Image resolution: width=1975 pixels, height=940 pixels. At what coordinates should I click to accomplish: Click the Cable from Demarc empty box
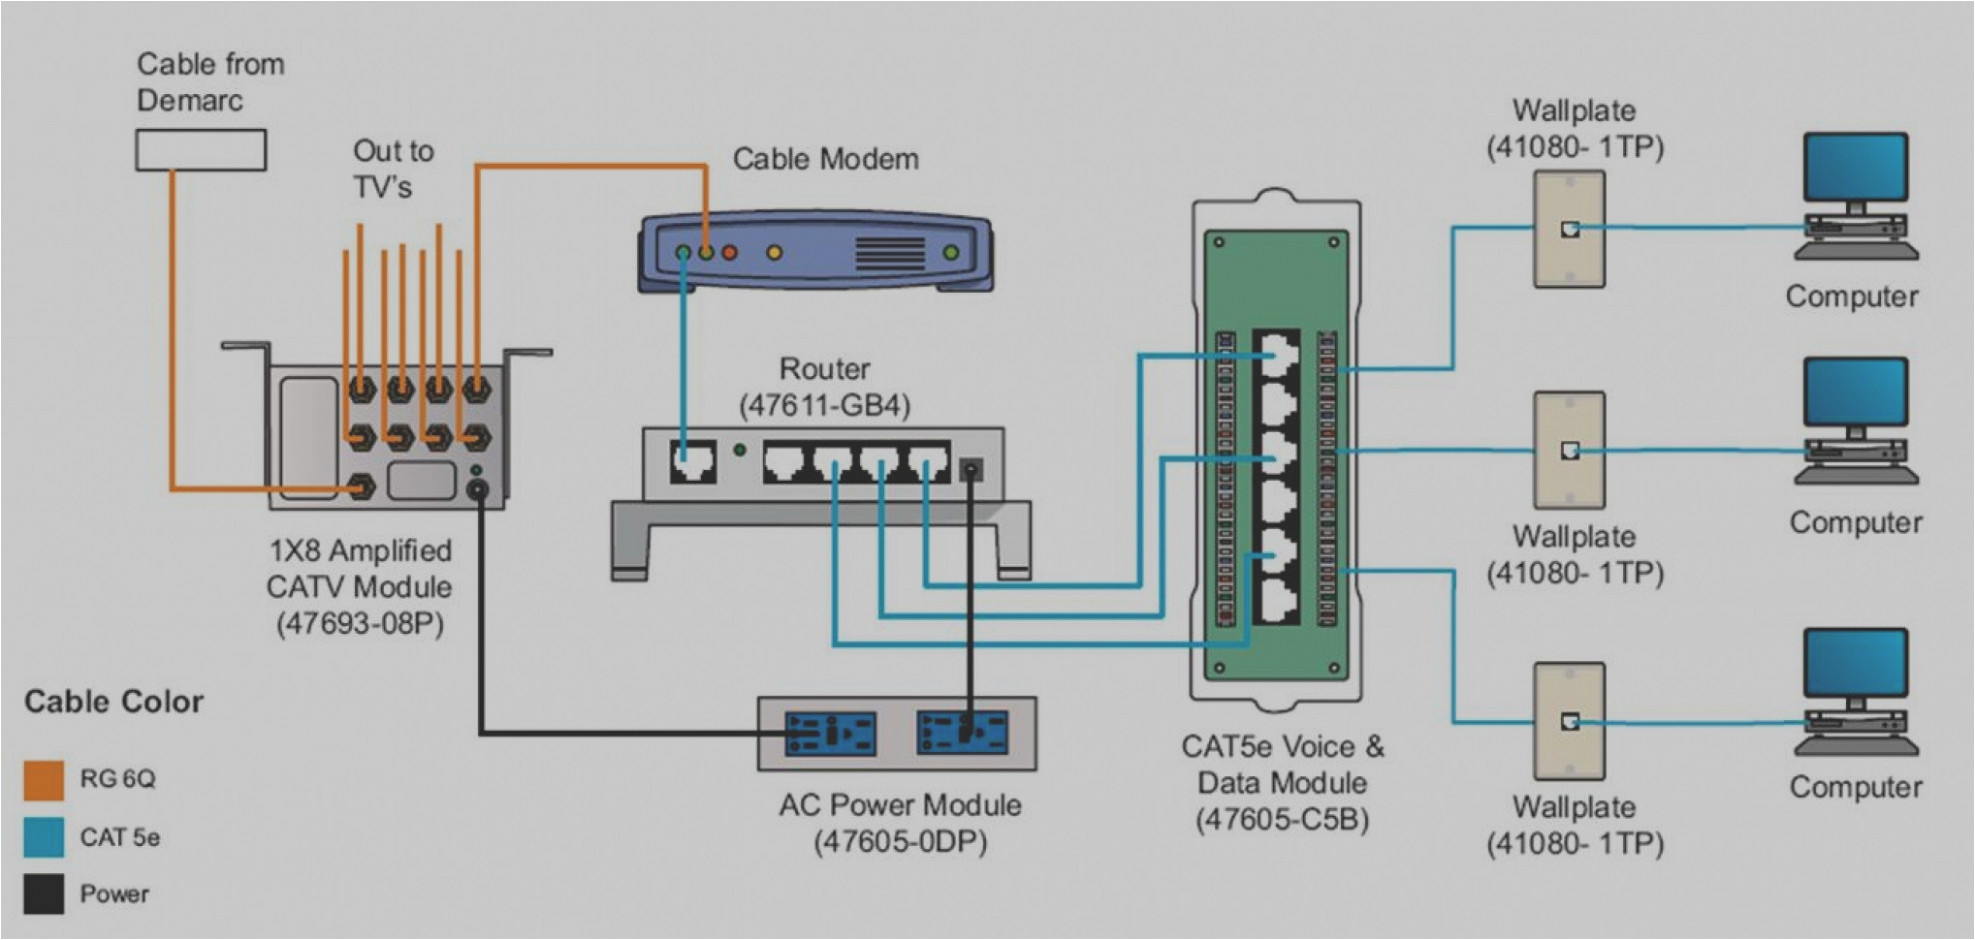point(200,150)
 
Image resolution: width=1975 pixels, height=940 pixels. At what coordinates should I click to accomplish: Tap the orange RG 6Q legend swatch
point(44,780)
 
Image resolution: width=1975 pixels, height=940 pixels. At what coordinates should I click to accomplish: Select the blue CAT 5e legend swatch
point(44,837)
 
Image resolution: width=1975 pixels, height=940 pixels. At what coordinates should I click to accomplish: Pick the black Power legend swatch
point(44,894)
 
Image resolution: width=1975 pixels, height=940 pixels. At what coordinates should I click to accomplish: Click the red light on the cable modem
point(730,253)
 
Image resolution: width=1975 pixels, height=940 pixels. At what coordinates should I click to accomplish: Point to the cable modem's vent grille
point(889,253)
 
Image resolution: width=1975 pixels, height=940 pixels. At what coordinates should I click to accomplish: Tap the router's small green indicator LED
point(739,451)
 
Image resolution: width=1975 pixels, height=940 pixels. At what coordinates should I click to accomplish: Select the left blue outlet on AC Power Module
point(830,734)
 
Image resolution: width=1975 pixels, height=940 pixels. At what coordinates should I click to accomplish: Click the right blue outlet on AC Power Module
point(962,733)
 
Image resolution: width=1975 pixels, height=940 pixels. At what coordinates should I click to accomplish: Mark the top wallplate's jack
point(1570,229)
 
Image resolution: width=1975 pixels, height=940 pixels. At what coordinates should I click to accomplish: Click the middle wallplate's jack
point(1570,451)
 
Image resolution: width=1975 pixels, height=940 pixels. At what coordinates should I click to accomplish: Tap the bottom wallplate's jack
point(1570,721)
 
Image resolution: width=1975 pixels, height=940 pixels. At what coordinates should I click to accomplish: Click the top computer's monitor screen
point(1855,168)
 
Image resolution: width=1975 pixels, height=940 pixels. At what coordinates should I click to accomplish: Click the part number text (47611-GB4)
point(825,406)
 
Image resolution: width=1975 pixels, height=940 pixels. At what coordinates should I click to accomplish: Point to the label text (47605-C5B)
point(1282,819)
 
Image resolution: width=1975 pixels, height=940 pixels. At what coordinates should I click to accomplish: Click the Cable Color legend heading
point(114,702)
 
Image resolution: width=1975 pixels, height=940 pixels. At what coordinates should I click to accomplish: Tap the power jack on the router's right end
point(970,469)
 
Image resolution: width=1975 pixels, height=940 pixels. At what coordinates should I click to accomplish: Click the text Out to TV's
point(392,169)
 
